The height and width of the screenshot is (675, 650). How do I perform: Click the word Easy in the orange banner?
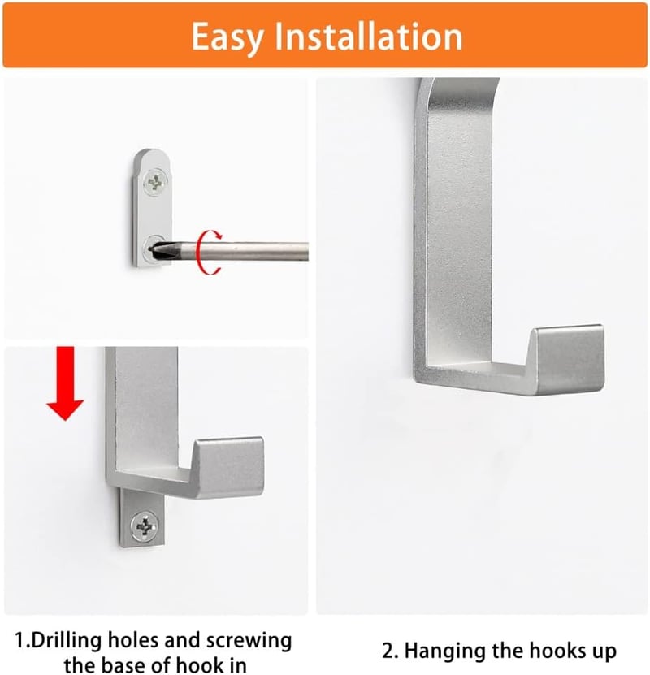tap(227, 38)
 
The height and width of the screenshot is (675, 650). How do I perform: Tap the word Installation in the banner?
tap(368, 37)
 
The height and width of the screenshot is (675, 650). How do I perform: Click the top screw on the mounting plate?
tap(154, 183)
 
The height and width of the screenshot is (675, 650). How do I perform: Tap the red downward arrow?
tap(65, 383)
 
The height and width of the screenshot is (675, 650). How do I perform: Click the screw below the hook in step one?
tap(144, 526)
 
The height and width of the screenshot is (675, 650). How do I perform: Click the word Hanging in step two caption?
tap(445, 651)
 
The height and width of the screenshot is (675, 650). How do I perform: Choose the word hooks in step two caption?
tap(557, 650)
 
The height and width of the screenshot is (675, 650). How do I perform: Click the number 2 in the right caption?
tap(388, 651)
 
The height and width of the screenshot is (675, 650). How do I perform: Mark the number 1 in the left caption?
tap(20, 640)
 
